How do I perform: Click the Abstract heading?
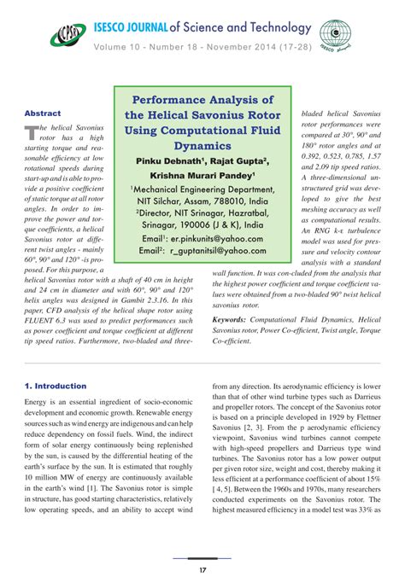pos(43,113)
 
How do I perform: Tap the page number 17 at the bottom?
pos(202,545)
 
